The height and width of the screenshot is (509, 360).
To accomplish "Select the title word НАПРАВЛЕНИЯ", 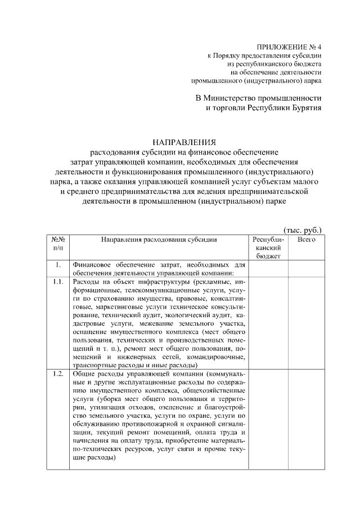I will pyautogui.click(x=184, y=142).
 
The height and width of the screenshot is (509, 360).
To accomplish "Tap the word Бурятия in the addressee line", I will pyautogui.click(x=303, y=108).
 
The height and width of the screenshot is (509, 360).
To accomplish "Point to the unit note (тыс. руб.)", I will pyautogui.click(x=302, y=230).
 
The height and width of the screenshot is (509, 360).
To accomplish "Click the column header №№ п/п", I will pyautogui.click(x=58, y=244).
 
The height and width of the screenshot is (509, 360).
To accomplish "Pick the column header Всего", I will pyautogui.click(x=306, y=240).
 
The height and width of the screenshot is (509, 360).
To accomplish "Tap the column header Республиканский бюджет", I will pyautogui.click(x=268, y=247).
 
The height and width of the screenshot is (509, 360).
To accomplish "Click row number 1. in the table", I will pyautogui.click(x=58, y=265).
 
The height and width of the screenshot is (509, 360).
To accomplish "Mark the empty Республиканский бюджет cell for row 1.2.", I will pyautogui.click(x=268, y=416).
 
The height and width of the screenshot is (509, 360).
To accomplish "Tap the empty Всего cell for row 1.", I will pyautogui.click(x=306, y=269).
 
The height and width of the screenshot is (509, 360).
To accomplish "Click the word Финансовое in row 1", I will pyautogui.click(x=92, y=265).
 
